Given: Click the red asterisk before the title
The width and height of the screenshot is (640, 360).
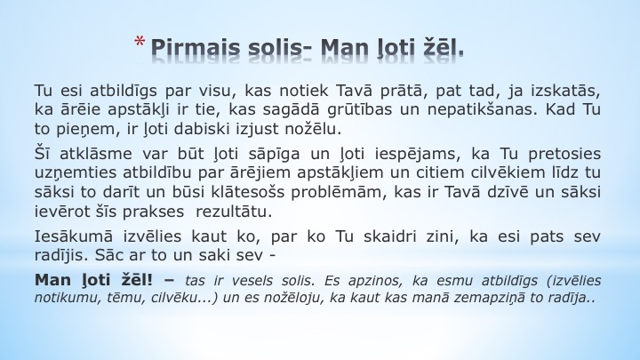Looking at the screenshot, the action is tap(140, 41).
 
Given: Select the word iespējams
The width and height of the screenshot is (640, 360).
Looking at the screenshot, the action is tap(415, 155).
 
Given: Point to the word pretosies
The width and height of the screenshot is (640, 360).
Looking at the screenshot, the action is tap(564, 155).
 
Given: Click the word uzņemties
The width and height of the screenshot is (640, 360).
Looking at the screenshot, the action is tap(76, 173).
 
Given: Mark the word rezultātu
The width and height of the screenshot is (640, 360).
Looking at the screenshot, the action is tap(234, 212).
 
